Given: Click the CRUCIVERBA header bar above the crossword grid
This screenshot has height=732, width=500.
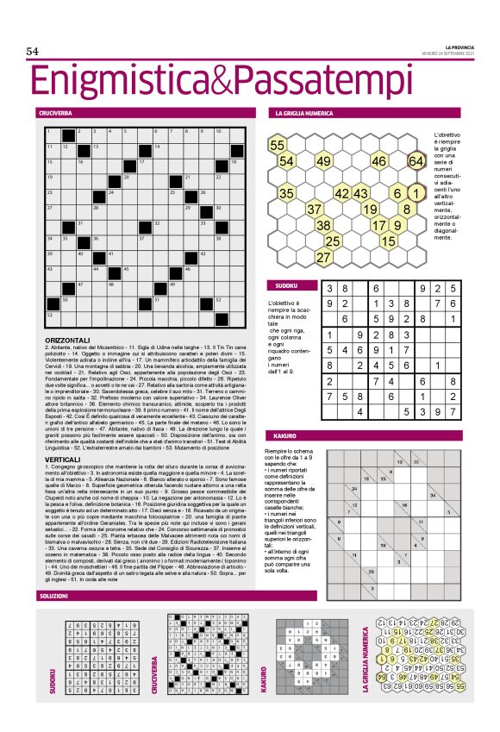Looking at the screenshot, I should [x=55, y=114].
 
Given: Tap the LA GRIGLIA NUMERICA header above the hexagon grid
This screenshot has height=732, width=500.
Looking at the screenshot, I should [x=304, y=114].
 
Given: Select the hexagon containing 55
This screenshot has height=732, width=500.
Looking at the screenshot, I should [x=278, y=145].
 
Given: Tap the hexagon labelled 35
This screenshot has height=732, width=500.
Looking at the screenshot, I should [x=287, y=193].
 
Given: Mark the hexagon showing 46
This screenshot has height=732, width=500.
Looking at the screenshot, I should [x=379, y=161].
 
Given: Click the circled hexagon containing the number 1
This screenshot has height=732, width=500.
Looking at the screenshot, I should [x=416, y=193].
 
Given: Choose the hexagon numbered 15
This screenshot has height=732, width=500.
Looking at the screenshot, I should [x=389, y=241].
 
